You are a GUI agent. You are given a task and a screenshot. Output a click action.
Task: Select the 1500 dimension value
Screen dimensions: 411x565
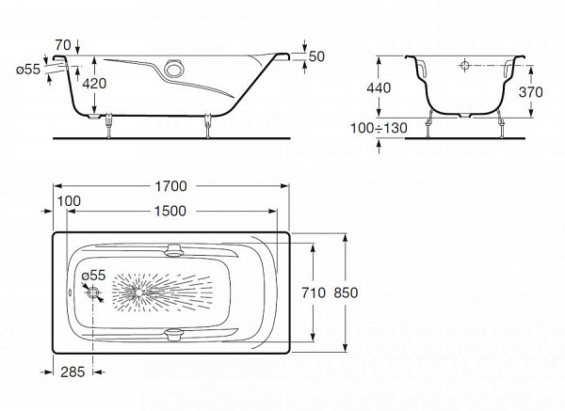pos(170,211)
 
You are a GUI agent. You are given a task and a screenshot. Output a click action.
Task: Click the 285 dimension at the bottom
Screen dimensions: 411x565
pos(71,371)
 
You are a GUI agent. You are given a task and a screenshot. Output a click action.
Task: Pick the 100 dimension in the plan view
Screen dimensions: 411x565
pos(68,201)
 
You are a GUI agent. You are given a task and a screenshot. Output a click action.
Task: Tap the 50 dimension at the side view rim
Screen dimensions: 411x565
pos(316,56)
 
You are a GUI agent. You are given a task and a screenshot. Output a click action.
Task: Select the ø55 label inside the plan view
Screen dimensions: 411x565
pos(92,275)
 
